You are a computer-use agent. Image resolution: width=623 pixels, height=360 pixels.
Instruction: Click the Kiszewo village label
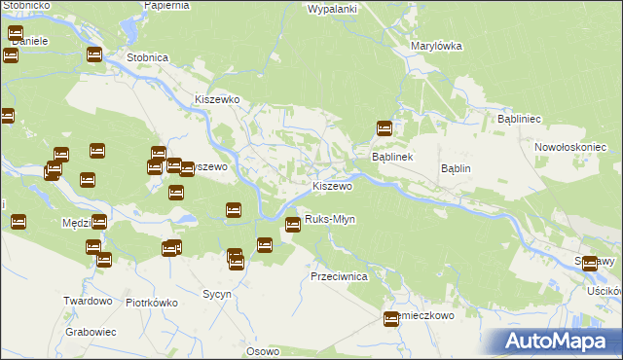(331, 186)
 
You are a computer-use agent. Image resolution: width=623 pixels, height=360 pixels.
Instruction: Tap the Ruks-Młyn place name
(330, 220)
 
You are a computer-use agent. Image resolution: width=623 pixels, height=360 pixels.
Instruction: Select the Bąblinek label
(393, 157)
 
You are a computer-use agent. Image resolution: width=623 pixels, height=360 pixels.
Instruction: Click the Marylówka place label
(436, 46)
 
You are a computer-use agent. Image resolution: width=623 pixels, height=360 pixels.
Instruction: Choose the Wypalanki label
(332, 9)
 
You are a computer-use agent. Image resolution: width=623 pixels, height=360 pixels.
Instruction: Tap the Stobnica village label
(146, 57)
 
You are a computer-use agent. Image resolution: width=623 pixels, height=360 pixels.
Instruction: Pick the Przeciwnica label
(338, 276)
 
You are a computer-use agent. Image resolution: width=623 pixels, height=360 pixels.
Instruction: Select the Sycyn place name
(216, 293)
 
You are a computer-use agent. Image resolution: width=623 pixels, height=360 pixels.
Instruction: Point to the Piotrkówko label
(151, 303)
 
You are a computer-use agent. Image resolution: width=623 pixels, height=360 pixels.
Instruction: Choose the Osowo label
(263, 351)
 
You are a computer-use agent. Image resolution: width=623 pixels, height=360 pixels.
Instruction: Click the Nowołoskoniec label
(570, 147)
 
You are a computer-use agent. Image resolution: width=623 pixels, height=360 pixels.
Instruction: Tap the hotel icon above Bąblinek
(385, 127)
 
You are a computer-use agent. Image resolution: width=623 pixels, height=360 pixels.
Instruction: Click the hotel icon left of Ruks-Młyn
(292, 226)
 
